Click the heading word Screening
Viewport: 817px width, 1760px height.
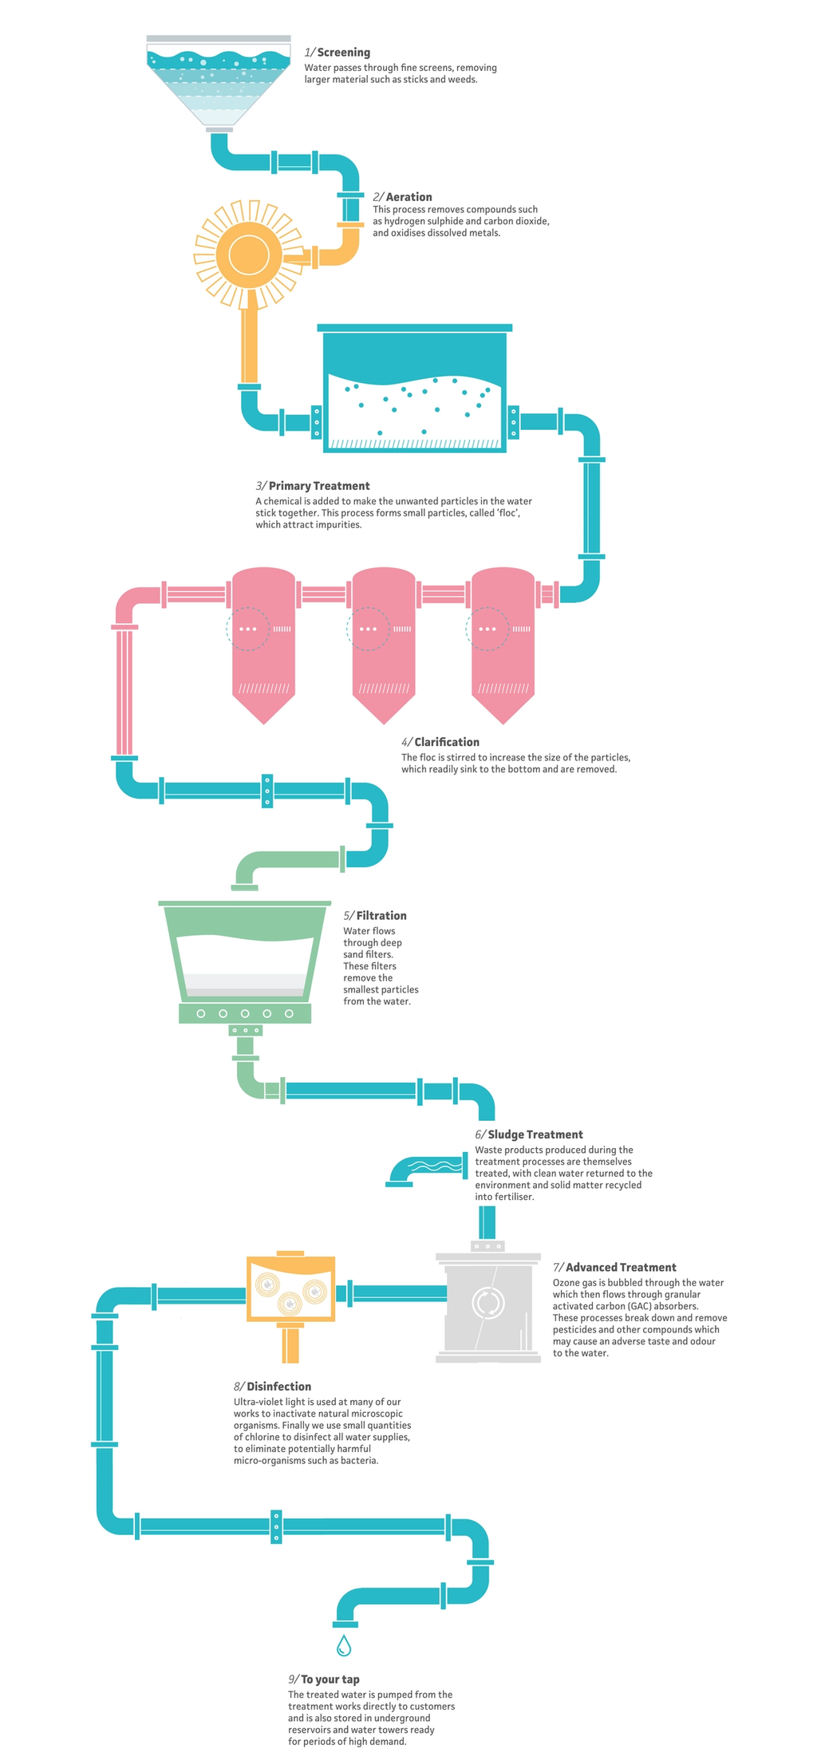[x=343, y=53]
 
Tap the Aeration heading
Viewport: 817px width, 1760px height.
[x=408, y=197]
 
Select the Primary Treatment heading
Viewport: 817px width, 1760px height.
[x=319, y=486]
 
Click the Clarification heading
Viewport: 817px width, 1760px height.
[x=447, y=742]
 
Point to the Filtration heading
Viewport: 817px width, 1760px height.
[x=381, y=916]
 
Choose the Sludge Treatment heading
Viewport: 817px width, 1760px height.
[x=535, y=1135]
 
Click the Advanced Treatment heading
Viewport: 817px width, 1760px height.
[x=621, y=1267]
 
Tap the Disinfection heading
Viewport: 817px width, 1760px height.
[x=278, y=1387]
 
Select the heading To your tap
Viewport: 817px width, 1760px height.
[x=330, y=1679]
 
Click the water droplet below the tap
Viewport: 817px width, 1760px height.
[x=344, y=1645]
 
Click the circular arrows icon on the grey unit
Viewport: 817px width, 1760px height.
[x=486, y=1302]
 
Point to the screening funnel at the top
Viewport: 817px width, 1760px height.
[x=219, y=84]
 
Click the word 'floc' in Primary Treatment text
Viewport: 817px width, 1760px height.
[x=507, y=513]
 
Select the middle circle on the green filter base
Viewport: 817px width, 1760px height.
[x=245, y=1013]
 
